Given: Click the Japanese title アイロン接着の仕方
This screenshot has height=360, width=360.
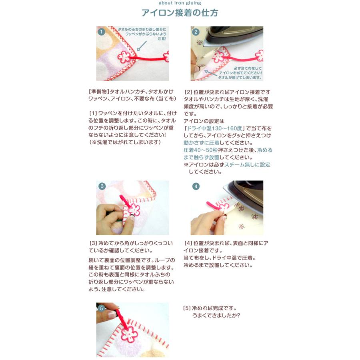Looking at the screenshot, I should coord(180,13).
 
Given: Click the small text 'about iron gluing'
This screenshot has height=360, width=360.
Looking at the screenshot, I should coord(180,3).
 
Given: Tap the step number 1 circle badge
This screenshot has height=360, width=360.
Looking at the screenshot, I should coord(102,31).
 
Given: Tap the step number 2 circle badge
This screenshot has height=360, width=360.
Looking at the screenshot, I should coord(196,32).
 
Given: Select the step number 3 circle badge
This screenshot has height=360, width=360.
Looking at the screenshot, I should coord(102,186).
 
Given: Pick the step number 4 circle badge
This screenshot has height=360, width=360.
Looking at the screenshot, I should coord(196,186).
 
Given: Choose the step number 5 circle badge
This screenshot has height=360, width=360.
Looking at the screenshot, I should coord(102,308).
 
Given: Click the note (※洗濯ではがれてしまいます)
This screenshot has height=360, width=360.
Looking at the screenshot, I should coord(124,142).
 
